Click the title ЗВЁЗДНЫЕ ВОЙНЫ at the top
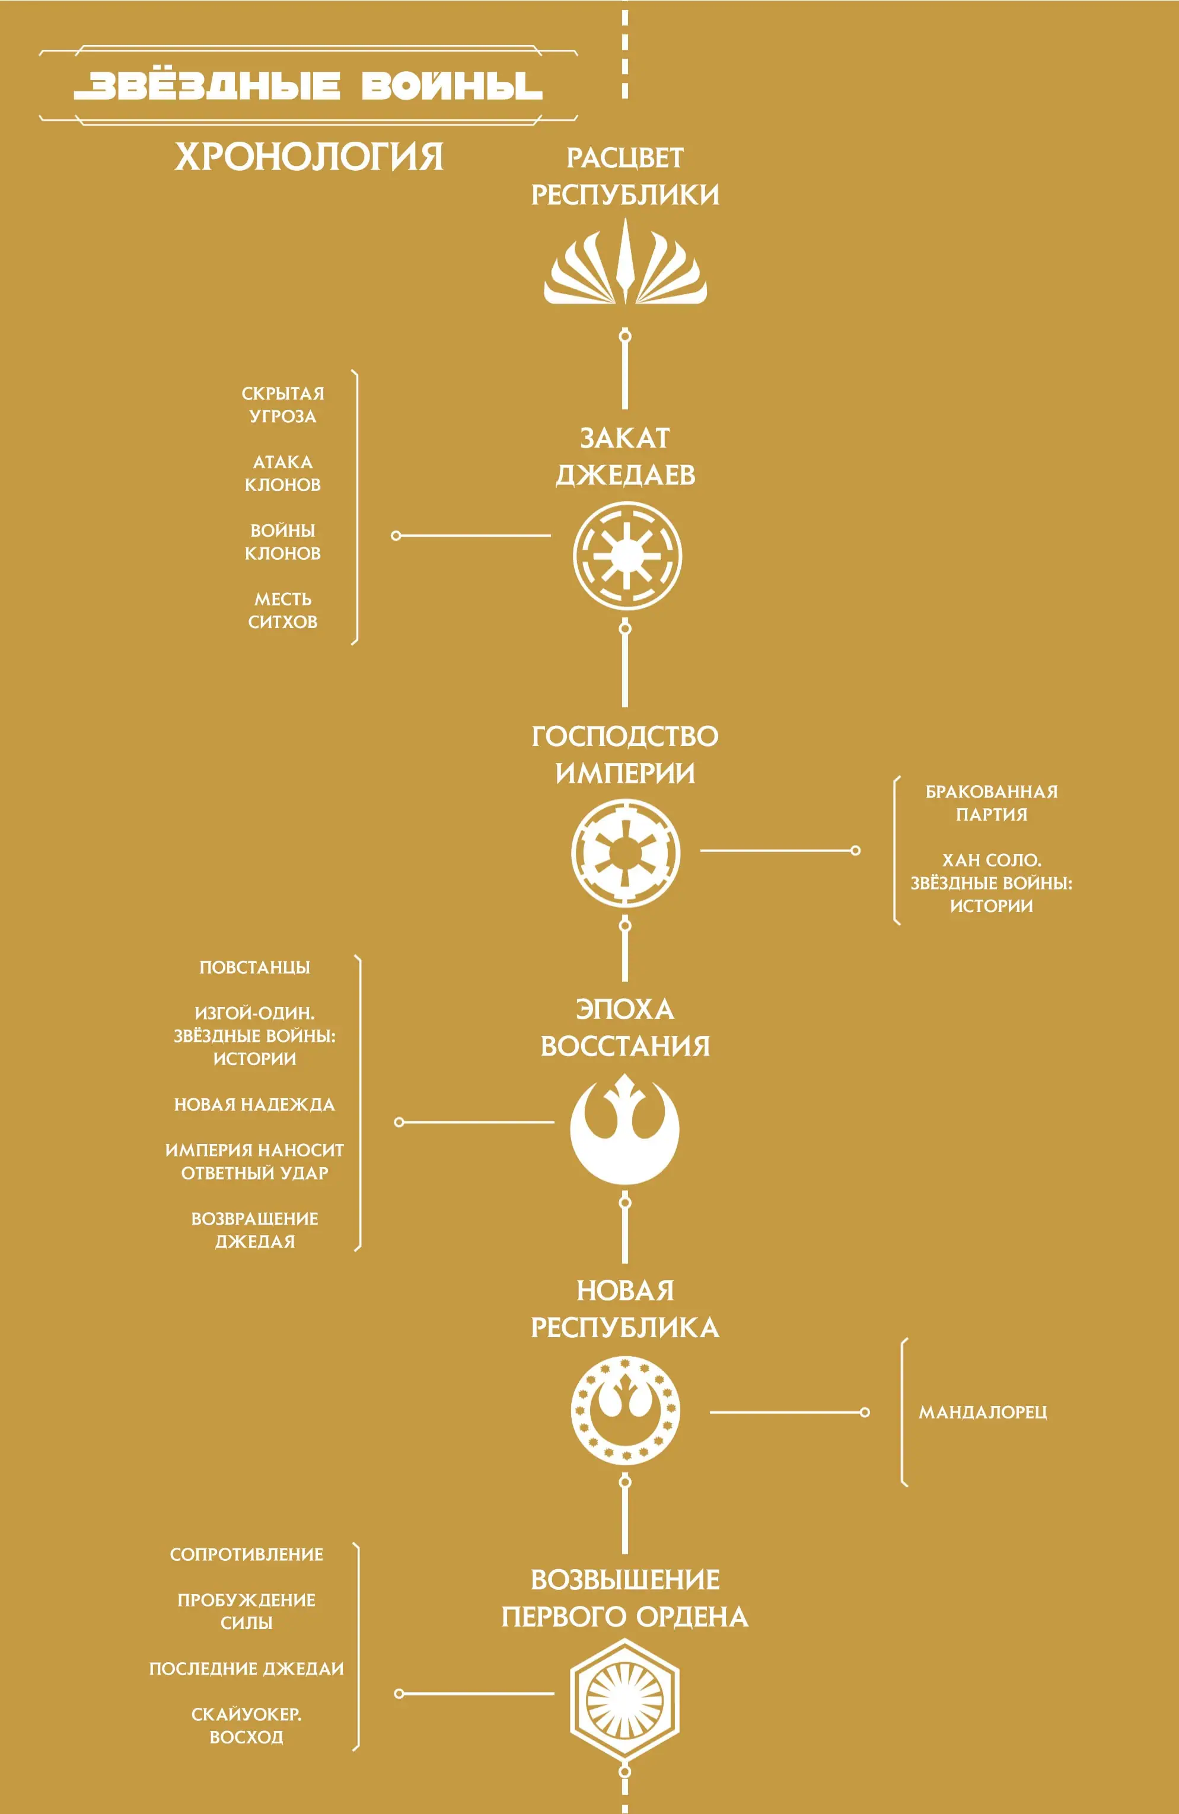(308, 86)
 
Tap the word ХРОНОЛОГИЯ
(308, 157)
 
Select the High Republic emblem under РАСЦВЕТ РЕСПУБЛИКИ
(625, 262)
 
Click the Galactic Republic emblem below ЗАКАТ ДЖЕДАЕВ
(627, 556)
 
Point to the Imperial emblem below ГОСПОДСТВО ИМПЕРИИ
(626, 853)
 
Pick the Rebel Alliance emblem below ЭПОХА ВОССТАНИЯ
(625, 1129)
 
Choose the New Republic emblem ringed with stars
(625, 1411)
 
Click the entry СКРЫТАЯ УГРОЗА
(283, 404)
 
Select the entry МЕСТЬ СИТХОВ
(283, 611)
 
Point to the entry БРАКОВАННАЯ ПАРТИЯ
(992, 802)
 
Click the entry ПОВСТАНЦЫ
(254, 967)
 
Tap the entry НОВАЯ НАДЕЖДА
(254, 1104)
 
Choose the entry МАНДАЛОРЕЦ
(982, 1413)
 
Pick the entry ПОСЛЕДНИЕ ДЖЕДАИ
(246, 1669)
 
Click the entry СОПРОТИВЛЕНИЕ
(246, 1554)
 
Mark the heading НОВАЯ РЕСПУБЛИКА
(625, 1309)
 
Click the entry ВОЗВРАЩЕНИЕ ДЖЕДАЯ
(254, 1229)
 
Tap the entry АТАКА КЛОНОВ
(283, 473)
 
